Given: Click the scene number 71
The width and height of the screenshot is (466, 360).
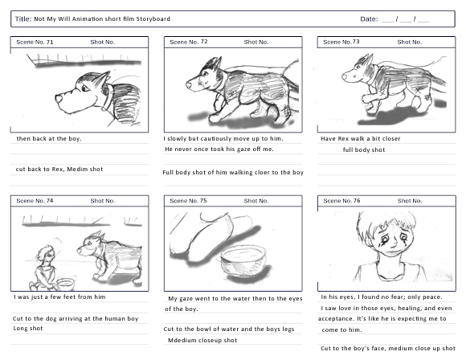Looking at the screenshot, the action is (50, 43).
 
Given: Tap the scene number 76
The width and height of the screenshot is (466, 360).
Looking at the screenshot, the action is (357, 201).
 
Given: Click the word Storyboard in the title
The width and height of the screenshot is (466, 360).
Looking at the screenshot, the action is (153, 19).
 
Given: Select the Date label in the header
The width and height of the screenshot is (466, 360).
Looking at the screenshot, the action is (369, 19).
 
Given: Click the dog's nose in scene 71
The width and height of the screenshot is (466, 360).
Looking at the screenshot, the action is (59, 98).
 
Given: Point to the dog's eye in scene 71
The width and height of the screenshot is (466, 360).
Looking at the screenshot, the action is (85, 88).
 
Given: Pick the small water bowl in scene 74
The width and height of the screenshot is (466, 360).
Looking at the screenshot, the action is (66, 284).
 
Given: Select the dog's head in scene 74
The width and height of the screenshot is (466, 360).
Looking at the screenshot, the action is (91, 245).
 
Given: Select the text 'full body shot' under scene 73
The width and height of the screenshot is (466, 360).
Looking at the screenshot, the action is (364, 149).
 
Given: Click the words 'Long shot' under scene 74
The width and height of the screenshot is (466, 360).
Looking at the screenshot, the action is (28, 329).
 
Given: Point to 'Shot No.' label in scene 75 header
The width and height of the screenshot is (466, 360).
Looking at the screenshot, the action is (256, 201).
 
